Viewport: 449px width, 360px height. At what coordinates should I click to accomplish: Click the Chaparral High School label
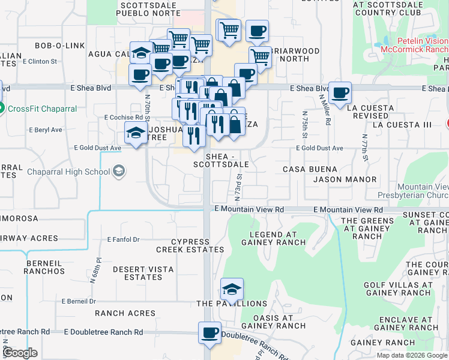pyautogui.click(x=68, y=172)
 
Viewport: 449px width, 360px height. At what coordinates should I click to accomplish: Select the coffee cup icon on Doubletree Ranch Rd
pyautogui.click(x=210, y=333)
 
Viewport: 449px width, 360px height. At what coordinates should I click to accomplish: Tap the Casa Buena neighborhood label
pyautogui.click(x=316, y=170)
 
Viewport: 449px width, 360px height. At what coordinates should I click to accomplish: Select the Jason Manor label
pyautogui.click(x=345, y=179)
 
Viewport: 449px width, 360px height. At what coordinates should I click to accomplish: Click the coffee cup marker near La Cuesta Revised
pyautogui.click(x=340, y=93)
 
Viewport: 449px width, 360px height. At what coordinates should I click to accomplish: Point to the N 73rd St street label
pyautogui.click(x=238, y=187)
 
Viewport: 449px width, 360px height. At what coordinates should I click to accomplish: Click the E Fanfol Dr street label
pyautogui.click(x=123, y=239)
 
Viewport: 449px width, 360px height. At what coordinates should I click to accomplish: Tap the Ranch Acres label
pyautogui.click(x=125, y=313)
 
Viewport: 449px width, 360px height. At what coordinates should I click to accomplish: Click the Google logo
pyautogui.click(x=20, y=353)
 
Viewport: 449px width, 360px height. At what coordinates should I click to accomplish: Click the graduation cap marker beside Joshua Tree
pyautogui.click(x=136, y=133)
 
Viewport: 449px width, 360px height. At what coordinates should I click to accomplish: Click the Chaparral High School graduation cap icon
pyautogui.click(x=119, y=172)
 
